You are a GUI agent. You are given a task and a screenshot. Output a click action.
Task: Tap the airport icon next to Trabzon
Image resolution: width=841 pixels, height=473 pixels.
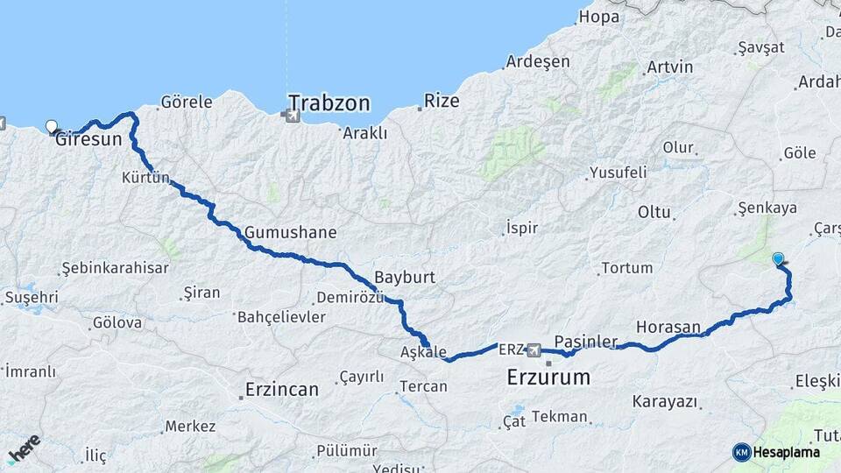click(289, 114)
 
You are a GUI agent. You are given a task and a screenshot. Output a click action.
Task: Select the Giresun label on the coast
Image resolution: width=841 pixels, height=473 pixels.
click(88, 138)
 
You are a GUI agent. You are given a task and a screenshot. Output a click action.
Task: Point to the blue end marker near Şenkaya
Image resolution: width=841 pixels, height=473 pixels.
click(778, 258)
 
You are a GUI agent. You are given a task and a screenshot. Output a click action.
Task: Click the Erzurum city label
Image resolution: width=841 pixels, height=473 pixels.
click(548, 378)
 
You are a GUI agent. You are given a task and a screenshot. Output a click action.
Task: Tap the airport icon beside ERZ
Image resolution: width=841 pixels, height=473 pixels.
click(534, 350)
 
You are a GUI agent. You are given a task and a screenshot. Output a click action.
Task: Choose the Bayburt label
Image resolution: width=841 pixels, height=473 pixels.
click(404, 277)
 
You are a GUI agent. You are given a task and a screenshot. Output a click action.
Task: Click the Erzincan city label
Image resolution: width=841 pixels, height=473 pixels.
click(281, 389)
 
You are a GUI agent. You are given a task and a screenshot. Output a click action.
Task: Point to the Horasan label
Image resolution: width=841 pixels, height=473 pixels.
click(668, 327)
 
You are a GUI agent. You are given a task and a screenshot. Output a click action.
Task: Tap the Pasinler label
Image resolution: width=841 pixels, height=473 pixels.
click(586, 341)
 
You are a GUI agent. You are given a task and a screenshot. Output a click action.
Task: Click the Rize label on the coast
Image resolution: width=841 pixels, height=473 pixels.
click(442, 102)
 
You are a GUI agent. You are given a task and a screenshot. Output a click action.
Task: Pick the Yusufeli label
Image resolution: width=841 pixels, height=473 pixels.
click(618, 172)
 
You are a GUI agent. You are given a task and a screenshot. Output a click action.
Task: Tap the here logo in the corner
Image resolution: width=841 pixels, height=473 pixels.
click(24, 448)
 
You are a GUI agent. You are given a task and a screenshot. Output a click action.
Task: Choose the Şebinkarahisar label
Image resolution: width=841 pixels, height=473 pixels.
click(115, 268)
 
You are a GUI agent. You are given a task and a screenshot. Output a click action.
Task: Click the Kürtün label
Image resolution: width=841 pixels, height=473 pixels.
click(145, 178)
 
